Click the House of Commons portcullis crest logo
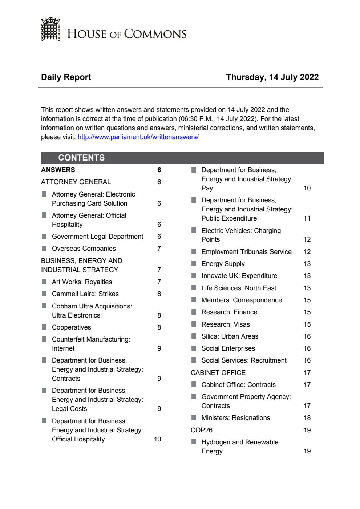pos(50,29)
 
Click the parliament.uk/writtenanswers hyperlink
pos(138,137)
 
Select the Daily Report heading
pos(66,77)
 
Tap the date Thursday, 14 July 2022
pos(272,77)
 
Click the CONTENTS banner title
pos(81,158)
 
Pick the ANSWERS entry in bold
pos(58,170)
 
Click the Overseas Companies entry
pos(84,249)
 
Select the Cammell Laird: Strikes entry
pos(85,294)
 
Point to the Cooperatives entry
pos(71,327)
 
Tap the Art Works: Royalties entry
pos(82,282)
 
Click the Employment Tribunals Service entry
pos(246,252)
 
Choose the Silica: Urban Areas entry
pos(230,336)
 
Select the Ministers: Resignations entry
pos(235,418)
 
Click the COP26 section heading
pos(202,430)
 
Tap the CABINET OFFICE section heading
pos(218,373)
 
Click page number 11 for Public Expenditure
pos(307,218)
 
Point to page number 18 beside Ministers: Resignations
pos(307,418)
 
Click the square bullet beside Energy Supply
pos(194,263)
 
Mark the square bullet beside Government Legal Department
pos(44,236)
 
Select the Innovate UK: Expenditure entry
pos(239,276)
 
